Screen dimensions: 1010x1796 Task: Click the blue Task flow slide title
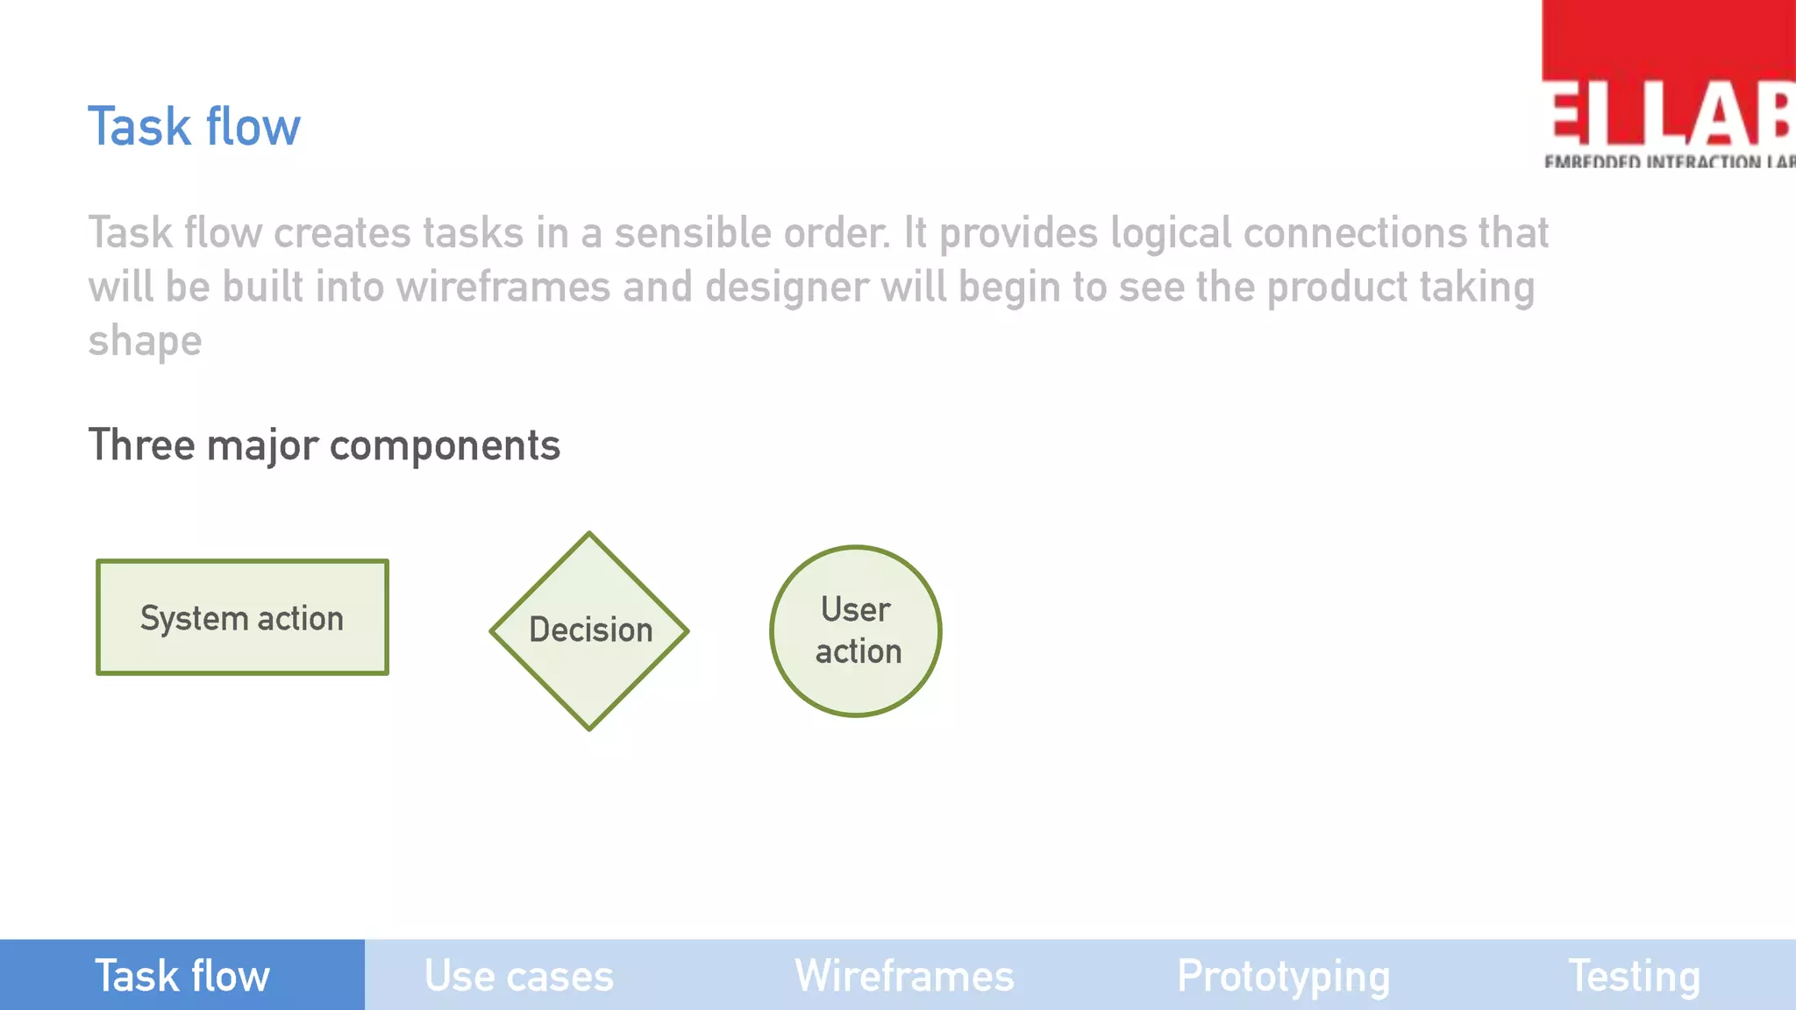point(194,127)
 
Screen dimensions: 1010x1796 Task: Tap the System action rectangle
point(242,617)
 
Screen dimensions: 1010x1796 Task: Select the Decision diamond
point(589,630)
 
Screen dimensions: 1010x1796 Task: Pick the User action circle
point(856,630)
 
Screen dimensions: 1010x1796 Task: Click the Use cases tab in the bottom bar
point(518,976)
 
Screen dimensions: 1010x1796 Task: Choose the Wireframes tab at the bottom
point(904,976)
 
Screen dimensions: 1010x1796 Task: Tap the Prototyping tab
point(1283,976)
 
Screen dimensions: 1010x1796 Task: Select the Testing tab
point(1634,976)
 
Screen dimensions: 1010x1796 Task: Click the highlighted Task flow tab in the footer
point(182,976)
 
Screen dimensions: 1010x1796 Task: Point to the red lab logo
point(1668,84)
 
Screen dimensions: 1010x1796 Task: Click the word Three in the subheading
point(141,445)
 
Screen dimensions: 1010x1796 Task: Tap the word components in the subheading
point(445,445)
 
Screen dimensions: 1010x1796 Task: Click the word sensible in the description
point(692,233)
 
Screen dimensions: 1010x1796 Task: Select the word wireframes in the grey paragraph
point(502,288)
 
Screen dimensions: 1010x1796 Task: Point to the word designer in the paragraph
point(786,288)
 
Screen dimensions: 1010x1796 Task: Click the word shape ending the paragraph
point(145,341)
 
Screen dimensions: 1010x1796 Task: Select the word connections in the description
point(1354,233)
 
